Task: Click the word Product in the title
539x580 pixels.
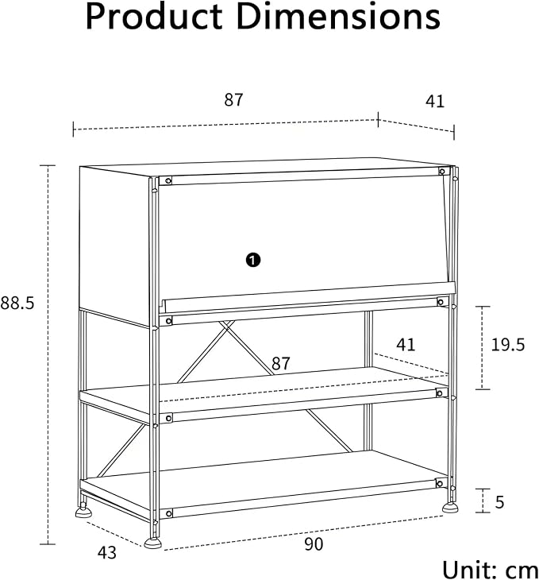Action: point(154,17)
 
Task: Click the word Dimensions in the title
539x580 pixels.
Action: point(338,17)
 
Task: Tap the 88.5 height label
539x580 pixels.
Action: point(17,303)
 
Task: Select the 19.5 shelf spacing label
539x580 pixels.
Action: point(507,345)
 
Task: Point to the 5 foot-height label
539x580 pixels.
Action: point(499,502)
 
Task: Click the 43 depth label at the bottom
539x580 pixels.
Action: point(107,553)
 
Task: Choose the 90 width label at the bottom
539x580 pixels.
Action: point(314,544)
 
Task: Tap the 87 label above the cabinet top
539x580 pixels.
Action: point(233,100)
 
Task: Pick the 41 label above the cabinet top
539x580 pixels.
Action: point(435,102)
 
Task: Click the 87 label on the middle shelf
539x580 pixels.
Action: point(281,363)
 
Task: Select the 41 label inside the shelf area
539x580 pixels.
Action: point(406,345)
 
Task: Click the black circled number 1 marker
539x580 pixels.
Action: point(253,260)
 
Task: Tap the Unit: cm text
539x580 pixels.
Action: point(491,569)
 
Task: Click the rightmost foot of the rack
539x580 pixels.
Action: point(450,508)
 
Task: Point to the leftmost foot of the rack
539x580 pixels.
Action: point(83,512)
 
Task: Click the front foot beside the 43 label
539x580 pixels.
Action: point(152,543)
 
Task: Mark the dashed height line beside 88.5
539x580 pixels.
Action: point(48,354)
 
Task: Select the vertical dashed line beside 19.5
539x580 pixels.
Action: point(483,348)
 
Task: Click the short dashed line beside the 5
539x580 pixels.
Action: point(483,501)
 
